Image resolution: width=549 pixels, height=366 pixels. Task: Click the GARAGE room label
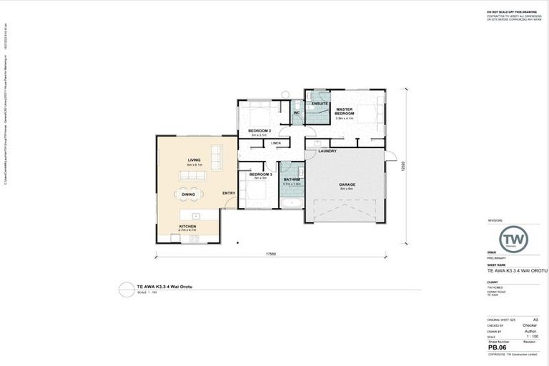347,184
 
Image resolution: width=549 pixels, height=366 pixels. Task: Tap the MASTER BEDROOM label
345,112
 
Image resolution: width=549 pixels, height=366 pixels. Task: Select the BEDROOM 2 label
258,131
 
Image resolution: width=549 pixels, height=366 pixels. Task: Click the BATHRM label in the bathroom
291,179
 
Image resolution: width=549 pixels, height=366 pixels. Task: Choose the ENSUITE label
320,104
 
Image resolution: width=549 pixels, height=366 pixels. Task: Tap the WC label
296,113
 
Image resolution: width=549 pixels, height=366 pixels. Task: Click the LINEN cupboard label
276,143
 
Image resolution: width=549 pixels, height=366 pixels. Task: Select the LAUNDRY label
327,151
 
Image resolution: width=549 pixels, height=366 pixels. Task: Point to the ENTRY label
229,193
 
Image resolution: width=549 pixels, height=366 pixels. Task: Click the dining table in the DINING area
189,194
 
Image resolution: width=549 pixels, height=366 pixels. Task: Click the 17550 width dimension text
271,253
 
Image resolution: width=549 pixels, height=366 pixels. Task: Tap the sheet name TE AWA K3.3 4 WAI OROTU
517,270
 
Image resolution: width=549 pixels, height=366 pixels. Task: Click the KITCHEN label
187,227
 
